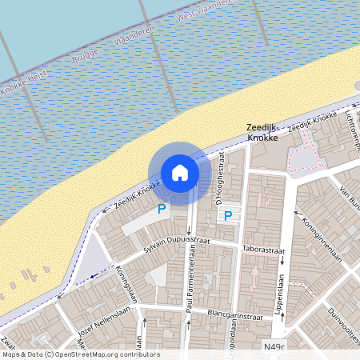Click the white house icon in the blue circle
(180, 172)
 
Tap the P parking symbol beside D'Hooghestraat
(227, 215)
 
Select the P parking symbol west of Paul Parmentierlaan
(161, 209)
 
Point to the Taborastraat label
(263, 250)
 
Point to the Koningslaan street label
(126, 282)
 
